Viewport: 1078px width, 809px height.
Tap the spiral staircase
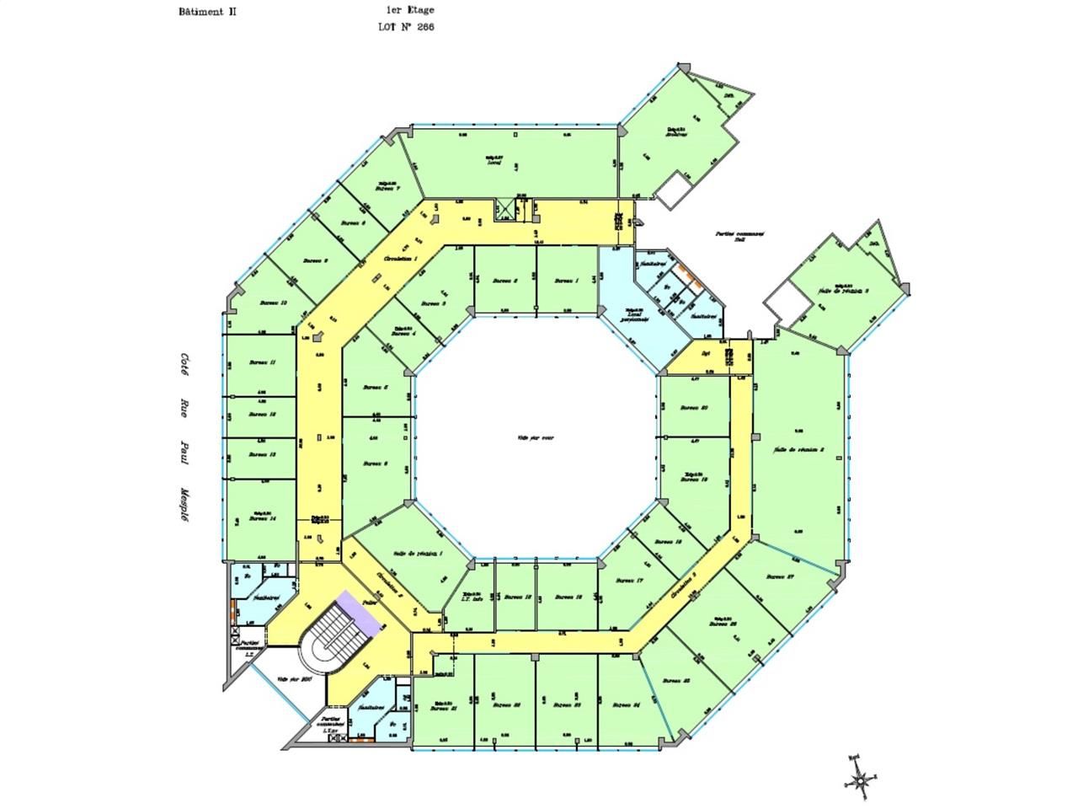(335, 641)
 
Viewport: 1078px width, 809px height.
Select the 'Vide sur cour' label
(536, 437)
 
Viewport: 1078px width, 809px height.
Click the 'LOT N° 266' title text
(407, 27)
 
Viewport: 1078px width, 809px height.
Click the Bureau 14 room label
(263, 518)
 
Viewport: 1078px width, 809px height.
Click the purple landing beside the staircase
(360, 611)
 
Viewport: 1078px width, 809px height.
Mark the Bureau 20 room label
(693, 408)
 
